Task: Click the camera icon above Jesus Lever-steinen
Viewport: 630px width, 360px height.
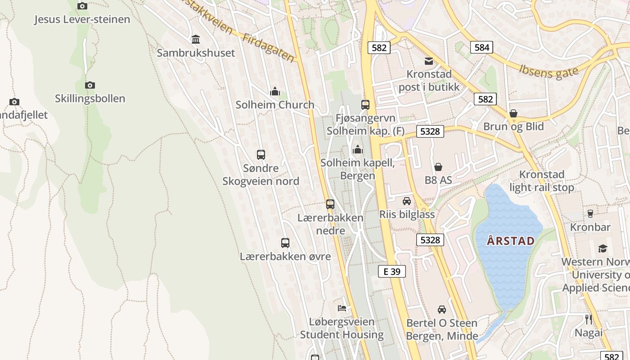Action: tap(82, 6)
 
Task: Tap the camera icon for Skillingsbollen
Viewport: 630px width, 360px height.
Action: tap(90, 85)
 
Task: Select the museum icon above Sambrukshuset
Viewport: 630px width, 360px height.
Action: tap(196, 40)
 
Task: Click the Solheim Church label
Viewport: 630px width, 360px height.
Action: tap(275, 104)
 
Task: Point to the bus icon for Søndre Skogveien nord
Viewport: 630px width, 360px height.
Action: tap(261, 155)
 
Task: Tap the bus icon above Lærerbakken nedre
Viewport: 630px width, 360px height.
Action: tap(330, 204)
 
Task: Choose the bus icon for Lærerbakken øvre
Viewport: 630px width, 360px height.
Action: tap(285, 243)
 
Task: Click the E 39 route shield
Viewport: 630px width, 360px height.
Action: tap(391, 271)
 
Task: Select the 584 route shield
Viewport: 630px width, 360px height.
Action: tap(481, 47)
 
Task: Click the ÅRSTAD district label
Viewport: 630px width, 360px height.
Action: tap(511, 241)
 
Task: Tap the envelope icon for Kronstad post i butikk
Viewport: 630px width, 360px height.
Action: tap(429, 61)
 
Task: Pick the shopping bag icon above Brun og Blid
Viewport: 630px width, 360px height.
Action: tap(513, 113)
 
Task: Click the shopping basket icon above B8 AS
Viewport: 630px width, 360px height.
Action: tap(438, 167)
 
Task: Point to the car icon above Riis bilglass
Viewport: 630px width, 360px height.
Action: tap(407, 201)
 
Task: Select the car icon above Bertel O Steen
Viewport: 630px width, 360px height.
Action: tap(442, 310)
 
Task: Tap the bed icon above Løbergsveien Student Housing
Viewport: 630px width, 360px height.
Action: tap(342, 308)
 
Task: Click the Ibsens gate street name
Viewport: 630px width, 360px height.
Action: tap(548, 71)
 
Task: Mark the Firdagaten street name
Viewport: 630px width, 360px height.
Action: tap(268, 48)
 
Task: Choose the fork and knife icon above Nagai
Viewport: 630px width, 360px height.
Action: tap(589, 319)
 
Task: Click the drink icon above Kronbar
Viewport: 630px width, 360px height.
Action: tap(590, 214)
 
